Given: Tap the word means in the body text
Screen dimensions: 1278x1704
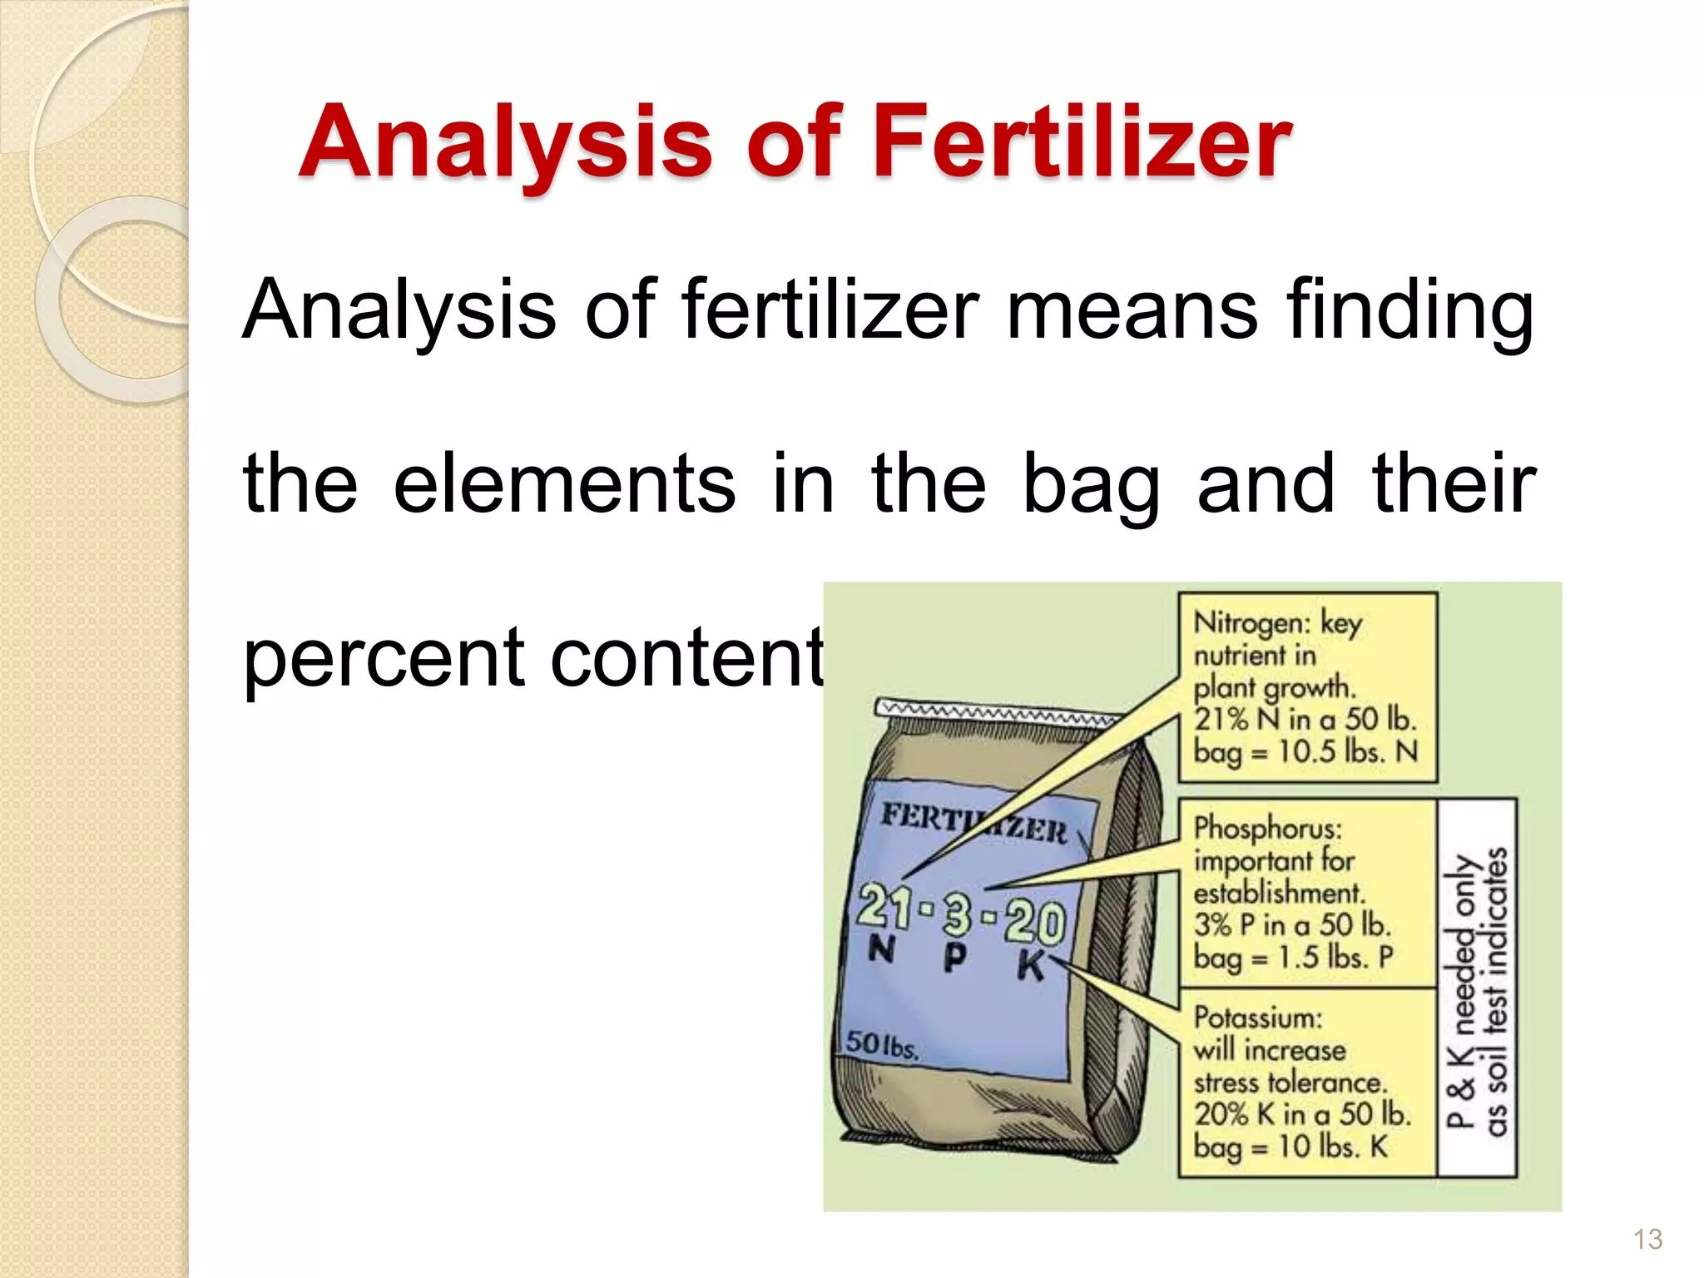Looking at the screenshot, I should click(1132, 310).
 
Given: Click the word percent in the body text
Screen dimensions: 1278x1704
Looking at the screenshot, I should click(383, 659).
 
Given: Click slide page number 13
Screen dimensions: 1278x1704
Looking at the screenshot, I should click(1647, 1239).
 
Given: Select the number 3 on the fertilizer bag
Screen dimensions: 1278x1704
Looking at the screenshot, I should click(957, 913).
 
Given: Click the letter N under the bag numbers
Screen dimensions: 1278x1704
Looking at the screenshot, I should click(880, 949).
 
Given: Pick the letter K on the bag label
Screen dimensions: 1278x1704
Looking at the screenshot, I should click(1030, 966).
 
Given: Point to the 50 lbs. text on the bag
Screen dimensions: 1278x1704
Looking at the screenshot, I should click(882, 1045).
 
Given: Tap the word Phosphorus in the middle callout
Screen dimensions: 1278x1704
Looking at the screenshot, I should click(1267, 828).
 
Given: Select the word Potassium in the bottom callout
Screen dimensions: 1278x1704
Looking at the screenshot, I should click(1257, 1018).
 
